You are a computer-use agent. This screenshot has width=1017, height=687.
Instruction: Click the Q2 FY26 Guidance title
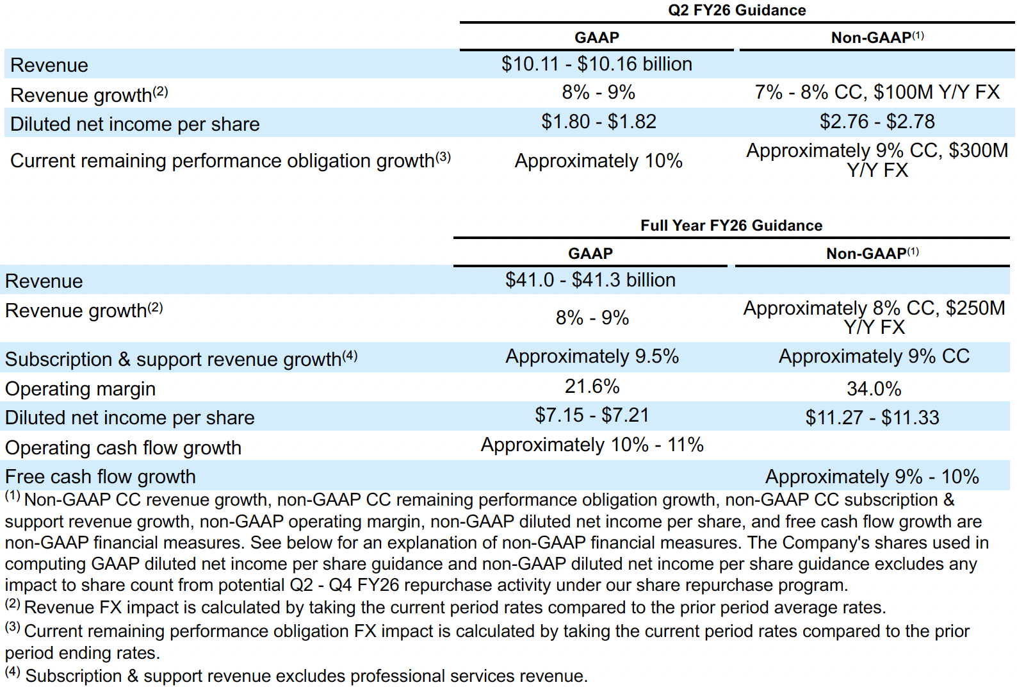coord(736,10)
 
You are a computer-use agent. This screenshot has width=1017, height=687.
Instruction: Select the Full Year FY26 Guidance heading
coord(731,226)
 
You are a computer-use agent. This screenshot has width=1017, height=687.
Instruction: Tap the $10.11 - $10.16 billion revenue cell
coord(596,64)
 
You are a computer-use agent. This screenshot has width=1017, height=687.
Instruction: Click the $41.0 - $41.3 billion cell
coord(590,280)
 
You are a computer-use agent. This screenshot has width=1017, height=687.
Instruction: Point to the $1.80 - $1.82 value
coord(598,122)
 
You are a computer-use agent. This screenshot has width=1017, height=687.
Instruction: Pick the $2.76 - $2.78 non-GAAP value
coord(877,122)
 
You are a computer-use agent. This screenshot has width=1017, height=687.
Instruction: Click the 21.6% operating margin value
coord(592,386)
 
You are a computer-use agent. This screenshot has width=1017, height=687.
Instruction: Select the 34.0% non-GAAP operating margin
coord(874,388)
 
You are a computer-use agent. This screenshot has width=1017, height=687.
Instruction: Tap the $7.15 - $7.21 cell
coord(592,415)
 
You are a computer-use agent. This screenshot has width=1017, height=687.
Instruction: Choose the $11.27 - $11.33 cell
coord(872,418)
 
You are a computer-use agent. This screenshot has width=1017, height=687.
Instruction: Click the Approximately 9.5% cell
coord(592,356)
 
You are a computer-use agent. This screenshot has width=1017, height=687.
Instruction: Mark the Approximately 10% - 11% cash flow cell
coord(592,445)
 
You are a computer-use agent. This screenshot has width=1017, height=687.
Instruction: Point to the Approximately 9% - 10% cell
coord(872,477)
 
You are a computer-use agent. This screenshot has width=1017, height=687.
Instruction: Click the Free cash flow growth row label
coord(101,477)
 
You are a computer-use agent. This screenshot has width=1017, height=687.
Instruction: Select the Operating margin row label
coord(81,389)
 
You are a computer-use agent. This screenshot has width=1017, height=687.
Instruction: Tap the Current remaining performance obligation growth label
coord(222,161)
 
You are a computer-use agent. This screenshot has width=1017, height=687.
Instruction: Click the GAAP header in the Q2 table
coord(596,38)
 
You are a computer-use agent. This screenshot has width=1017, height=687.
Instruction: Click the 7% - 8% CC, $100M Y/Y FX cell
coord(877,92)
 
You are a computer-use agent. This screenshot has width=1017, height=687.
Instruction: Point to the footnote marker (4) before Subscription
coord(13,672)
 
